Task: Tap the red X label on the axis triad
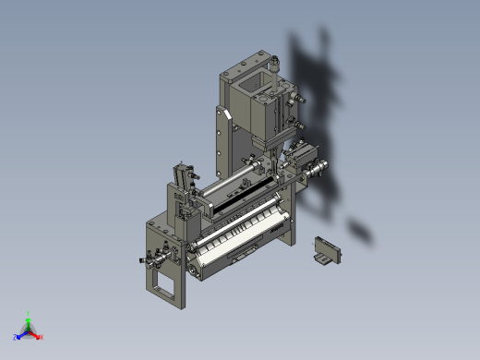[42, 337]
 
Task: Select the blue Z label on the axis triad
[16, 337]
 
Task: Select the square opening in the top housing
[250, 93]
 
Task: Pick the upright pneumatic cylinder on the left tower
[180, 175]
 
